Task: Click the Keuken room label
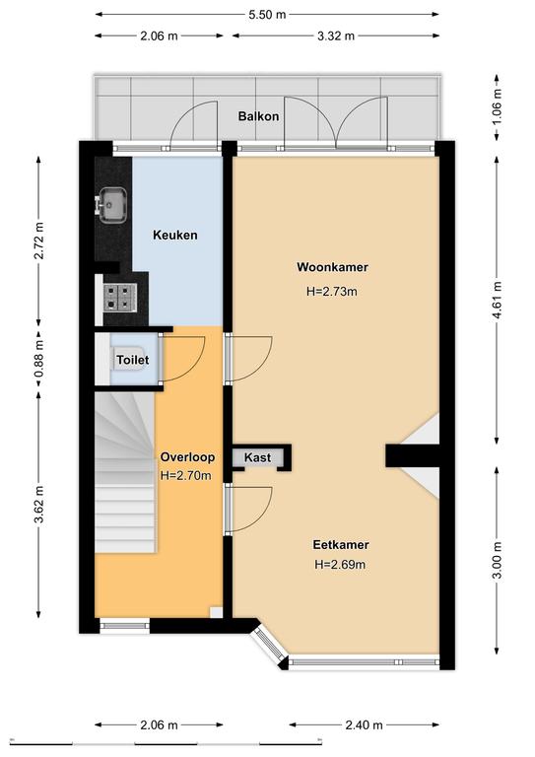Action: (x=175, y=236)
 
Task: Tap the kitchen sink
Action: (x=111, y=206)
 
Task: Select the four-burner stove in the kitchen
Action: (x=119, y=298)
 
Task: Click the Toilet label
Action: (x=133, y=360)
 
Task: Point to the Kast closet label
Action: (x=257, y=457)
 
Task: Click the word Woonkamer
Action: (x=332, y=267)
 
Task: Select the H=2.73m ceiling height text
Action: (x=332, y=291)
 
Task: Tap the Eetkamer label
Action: (x=341, y=544)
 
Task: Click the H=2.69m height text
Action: (x=340, y=564)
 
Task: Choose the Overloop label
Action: (x=187, y=456)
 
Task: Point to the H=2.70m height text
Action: (x=186, y=475)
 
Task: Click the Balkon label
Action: (x=258, y=116)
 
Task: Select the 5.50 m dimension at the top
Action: (x=267, y=15)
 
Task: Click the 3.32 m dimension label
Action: (x=336, y=35)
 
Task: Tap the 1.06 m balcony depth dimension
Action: (x=498, y=106)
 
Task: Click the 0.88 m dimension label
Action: (x=39, y=358)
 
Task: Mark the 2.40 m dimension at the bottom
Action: (x=365, y=724)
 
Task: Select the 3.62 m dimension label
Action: (x=39, y=504)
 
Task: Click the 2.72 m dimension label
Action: (x=39, y=241)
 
